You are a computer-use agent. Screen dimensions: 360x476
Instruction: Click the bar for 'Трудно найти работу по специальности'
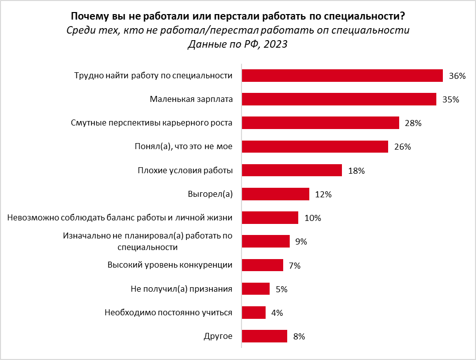(342, 75)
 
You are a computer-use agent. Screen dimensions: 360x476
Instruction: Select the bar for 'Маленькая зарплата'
(339, 99)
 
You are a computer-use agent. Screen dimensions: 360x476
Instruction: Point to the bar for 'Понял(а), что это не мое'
(315, 147)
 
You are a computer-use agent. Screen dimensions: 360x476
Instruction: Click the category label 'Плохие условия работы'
(185, 170)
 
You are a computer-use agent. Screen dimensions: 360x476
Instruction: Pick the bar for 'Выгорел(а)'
(275, 194)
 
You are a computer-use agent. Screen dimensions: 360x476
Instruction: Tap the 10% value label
(312, 218)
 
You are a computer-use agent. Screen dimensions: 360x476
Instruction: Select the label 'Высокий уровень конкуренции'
(170, 265)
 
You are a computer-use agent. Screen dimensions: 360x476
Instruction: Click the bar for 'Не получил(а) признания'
(256, 289)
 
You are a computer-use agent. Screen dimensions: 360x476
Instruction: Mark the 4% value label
(277, 313)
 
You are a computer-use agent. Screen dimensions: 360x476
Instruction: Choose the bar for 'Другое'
(264, 336)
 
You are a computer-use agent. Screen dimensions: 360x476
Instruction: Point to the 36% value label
(457, 76)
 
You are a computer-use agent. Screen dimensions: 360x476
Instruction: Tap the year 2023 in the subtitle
(275, 44)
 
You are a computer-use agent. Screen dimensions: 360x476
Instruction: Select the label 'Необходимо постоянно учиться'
(168, 312)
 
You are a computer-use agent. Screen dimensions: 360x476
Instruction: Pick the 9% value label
(301, 242)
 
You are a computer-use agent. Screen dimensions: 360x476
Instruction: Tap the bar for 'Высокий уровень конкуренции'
(263, 265)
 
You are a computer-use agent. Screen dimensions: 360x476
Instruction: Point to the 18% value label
(356, 171)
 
